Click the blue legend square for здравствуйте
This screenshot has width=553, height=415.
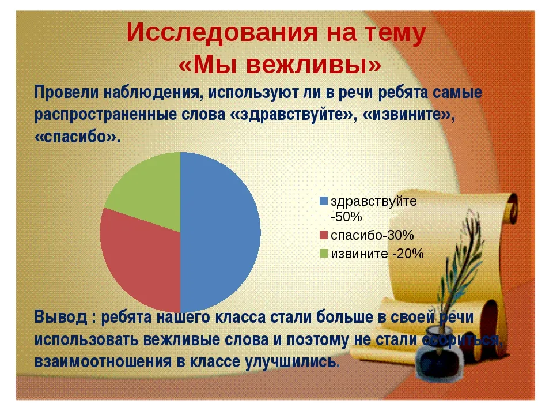click(x=323, y=201)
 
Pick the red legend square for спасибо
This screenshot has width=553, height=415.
click(x=323, y=235)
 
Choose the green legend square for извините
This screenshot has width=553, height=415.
click(x=323, y=254)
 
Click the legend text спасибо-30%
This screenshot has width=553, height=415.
click(x=372, y=235)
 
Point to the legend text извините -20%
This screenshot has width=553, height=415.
click(x=377, y=254)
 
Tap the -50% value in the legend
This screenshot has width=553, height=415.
click(x=346, y=217)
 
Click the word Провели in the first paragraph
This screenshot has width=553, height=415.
click(x=66, y=93)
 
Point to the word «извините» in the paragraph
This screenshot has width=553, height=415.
click(x=408, y=115)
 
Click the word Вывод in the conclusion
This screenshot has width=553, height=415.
click(x=60, y=317)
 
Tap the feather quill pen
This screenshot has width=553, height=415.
click(x=459, y=275)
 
